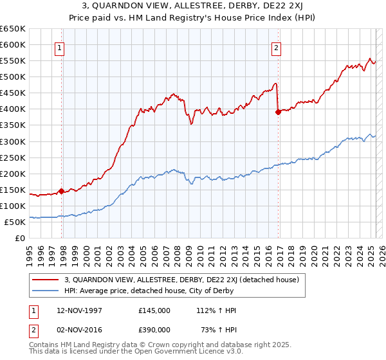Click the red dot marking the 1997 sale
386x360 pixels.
click(61, 191)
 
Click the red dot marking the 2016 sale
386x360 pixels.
click(278, 112)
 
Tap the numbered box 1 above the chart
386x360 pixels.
click(59, 47)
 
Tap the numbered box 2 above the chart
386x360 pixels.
click(276, 47)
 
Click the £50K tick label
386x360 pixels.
click(15, 222)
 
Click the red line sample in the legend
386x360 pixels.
click(46, 280)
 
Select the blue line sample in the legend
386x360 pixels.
click(46, 291)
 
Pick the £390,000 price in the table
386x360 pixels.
click(154, 330)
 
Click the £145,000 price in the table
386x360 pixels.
click(154, 310)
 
